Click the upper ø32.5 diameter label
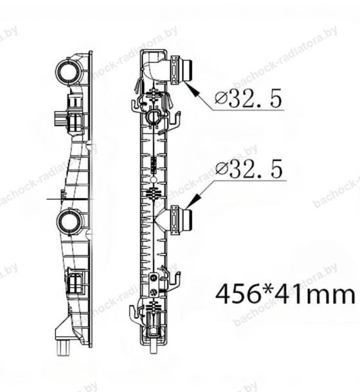(x=248, y=98)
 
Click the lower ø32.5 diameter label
(x=249, y=168)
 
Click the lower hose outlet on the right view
(x=181, y=220)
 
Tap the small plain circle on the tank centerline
(x=154, y=180)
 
